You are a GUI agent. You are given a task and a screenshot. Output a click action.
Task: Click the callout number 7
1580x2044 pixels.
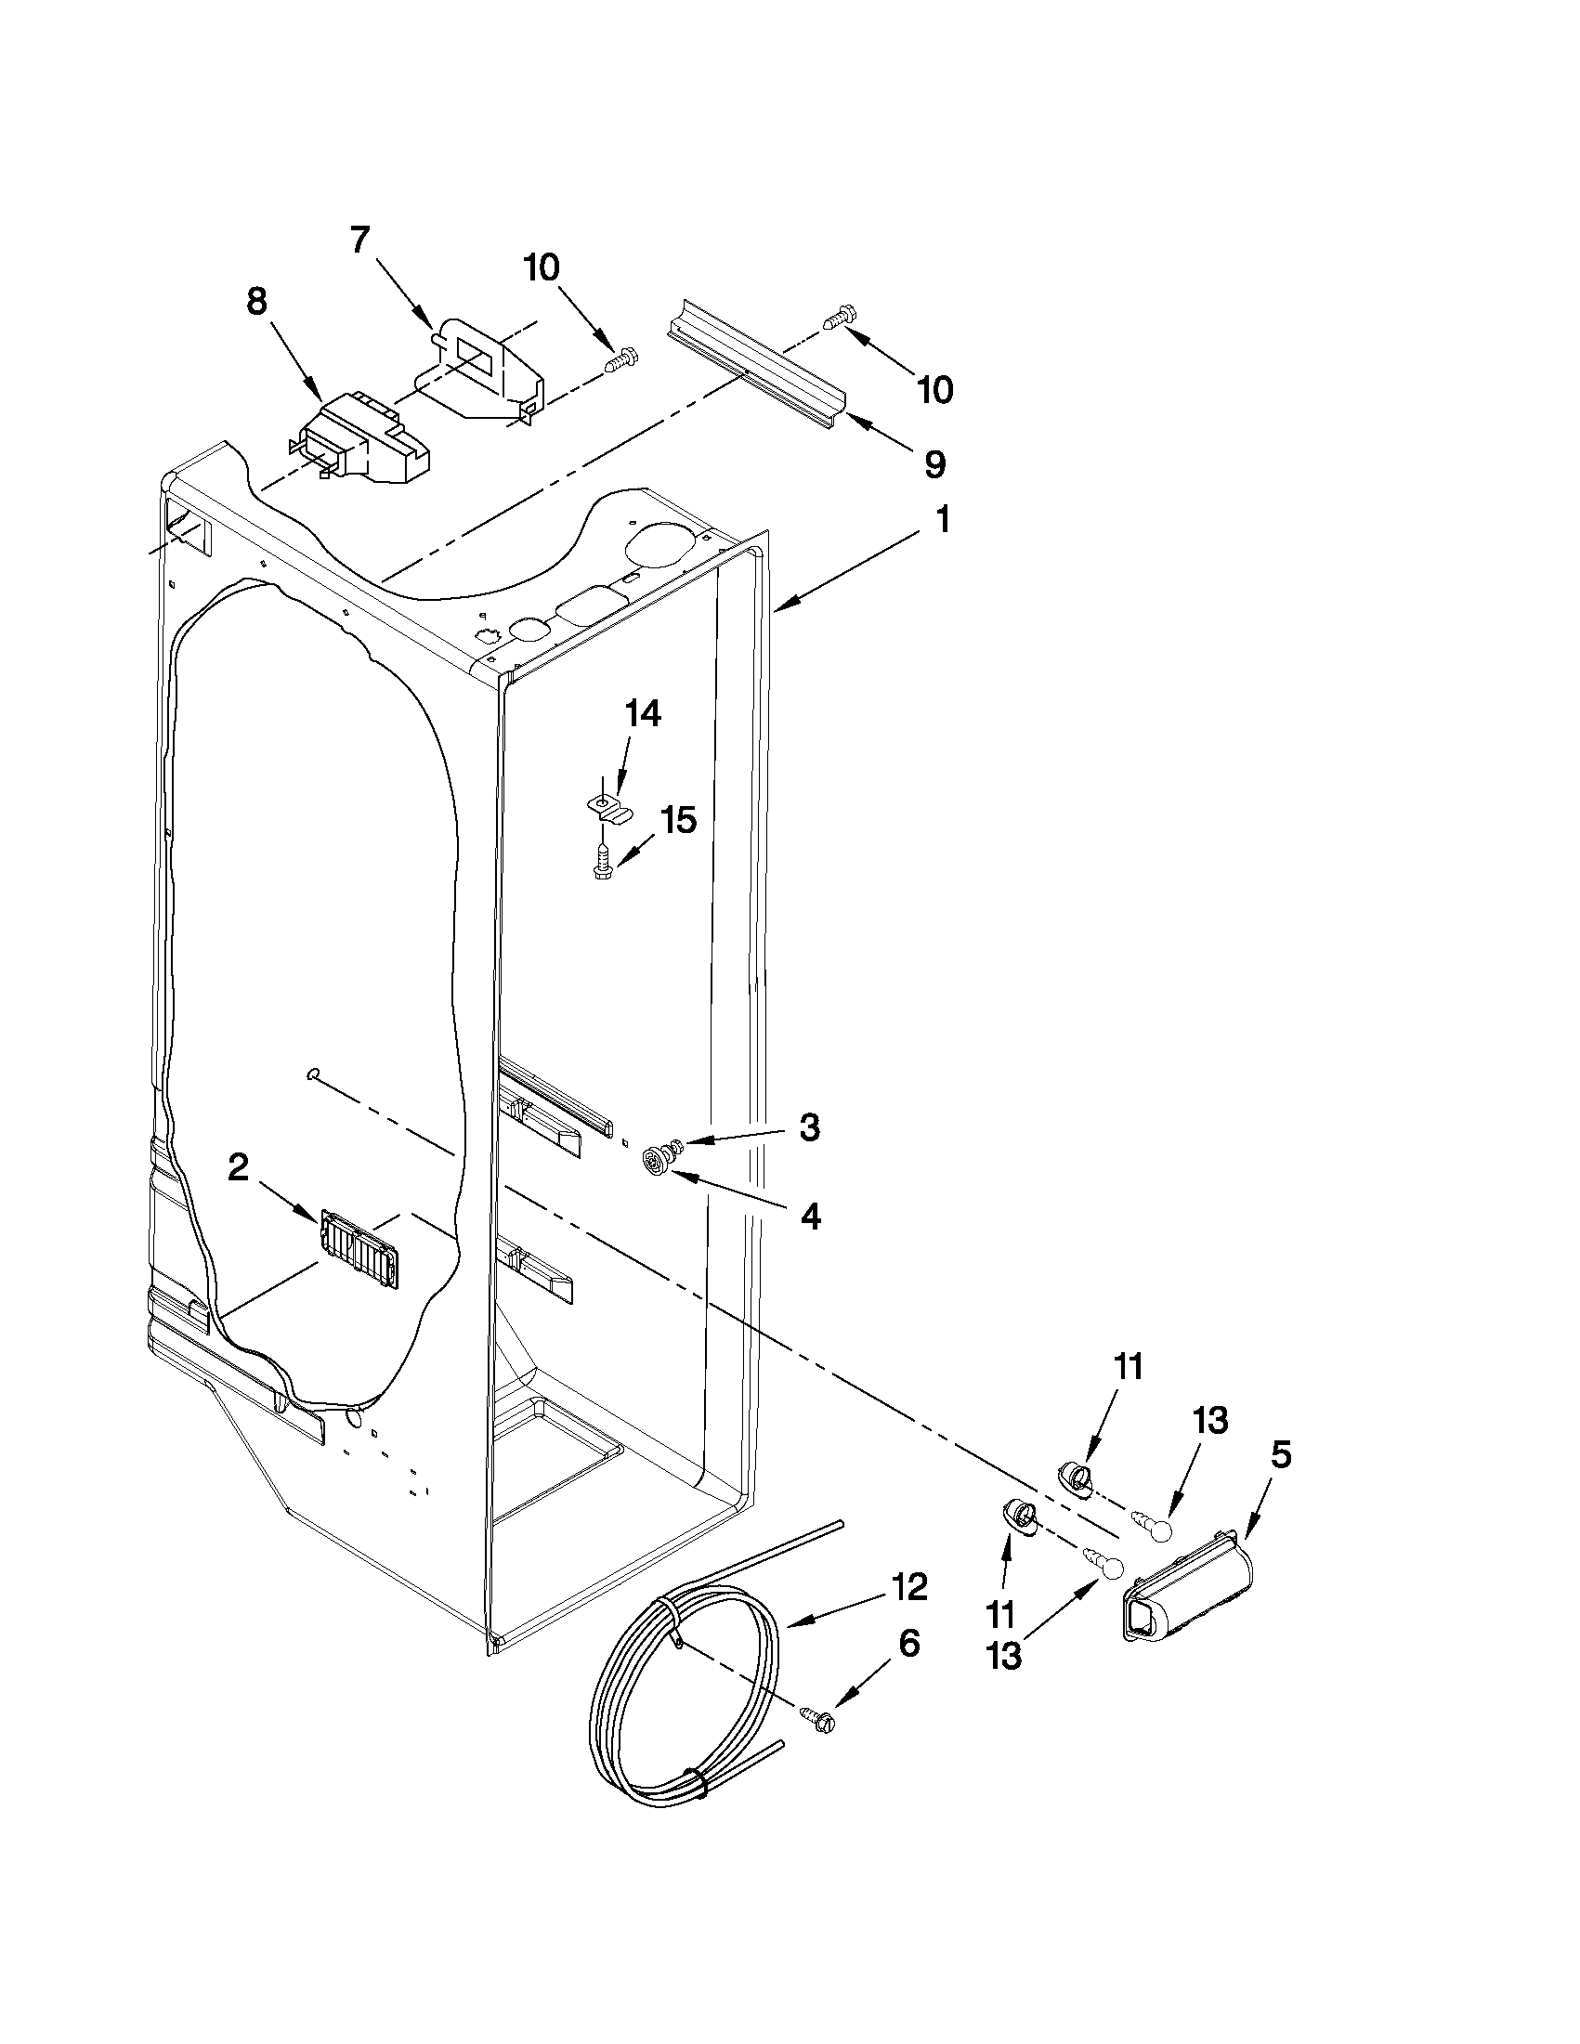tap(359, 241)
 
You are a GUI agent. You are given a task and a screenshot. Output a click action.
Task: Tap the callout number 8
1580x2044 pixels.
tap(256, 302)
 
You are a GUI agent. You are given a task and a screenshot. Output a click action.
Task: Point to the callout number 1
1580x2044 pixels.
tap(942, 519)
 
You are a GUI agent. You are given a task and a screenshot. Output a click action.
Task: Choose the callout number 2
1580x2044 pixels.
tap(239, 1167)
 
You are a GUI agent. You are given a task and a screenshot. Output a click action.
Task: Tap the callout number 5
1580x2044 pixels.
tap(1281, 1454)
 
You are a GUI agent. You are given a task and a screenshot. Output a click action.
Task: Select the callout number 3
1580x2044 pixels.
tap(809, 1126)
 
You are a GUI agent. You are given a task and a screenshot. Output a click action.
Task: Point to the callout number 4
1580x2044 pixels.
tap(811, 1216)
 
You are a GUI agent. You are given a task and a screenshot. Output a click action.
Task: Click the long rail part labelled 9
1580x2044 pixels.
tap(756, 372)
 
